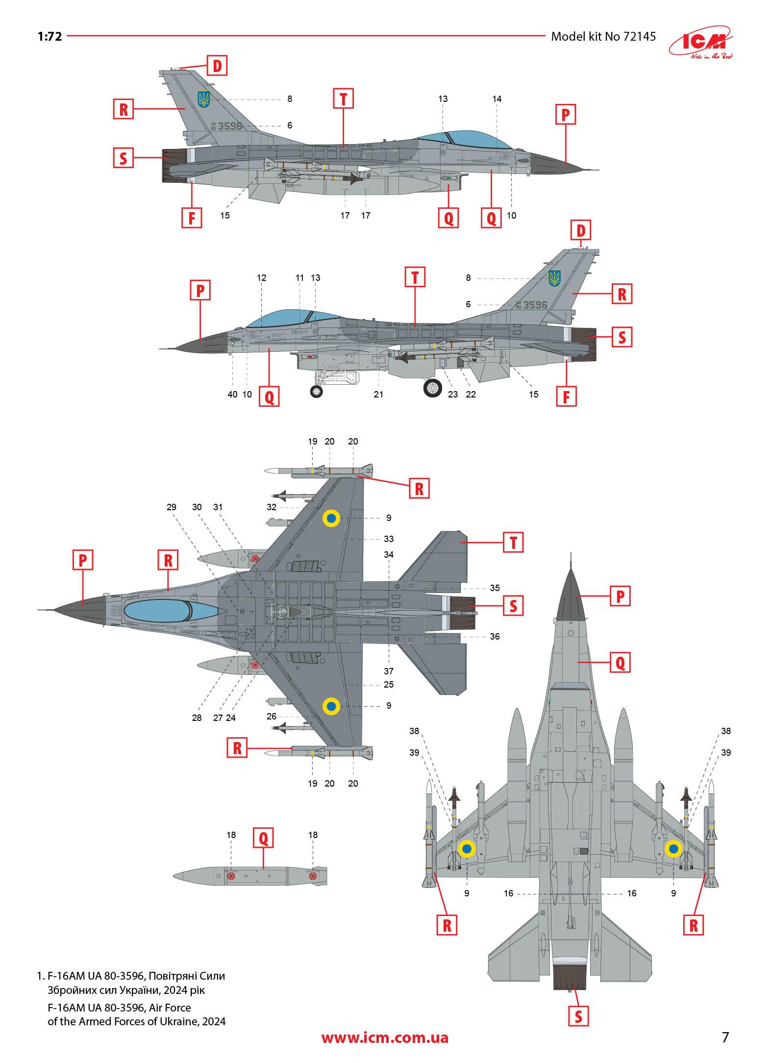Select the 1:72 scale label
point(50,37)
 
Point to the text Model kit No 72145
point(603,37)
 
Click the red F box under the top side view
point(192,217)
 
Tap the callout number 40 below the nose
point(232,394)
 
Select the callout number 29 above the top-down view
point(171,507)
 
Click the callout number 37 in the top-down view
point(389,671)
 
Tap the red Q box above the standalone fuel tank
point(263,838)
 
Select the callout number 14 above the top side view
point(497,99)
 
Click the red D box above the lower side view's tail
point(581,231)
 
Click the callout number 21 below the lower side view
point(378,394)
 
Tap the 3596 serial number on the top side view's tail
point(230,126)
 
